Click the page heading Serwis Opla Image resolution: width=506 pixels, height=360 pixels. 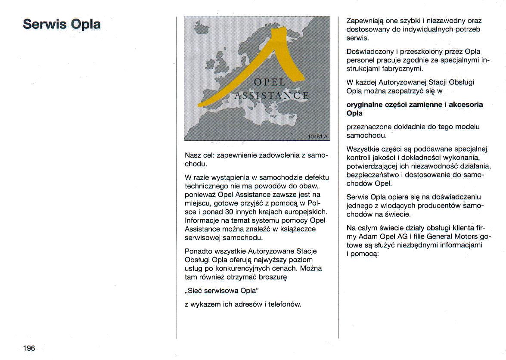coord(62,24)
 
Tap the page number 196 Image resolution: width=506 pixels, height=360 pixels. coord(29,348)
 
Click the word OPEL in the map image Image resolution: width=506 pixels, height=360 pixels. coord(270,82)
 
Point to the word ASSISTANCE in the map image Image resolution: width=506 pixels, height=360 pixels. coord(271,96)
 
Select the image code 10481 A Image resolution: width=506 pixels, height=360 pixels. coord(317,137)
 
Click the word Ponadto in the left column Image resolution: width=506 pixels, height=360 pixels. coord(197,251)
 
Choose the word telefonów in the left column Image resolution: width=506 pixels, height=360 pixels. coord(284,304)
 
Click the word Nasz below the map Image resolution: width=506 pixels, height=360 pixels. coord(192,155)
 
